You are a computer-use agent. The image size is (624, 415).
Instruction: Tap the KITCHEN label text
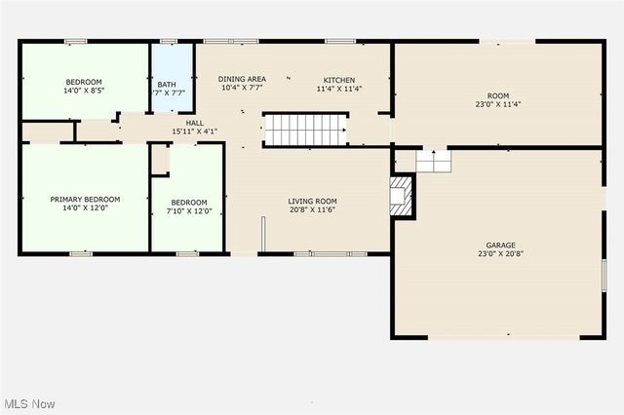[339, 80]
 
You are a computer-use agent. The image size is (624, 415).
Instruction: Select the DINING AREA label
[242, 79]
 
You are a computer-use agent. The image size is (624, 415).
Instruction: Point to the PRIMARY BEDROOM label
[85, 199]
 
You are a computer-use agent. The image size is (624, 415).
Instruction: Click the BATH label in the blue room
[167, 85]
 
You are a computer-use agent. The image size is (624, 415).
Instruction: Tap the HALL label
[195, 123]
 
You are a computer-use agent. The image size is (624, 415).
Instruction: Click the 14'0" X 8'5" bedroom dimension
[85, 90]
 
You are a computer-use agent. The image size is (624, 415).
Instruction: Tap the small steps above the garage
[432, 160]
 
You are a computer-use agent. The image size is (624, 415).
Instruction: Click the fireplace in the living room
[402, 196]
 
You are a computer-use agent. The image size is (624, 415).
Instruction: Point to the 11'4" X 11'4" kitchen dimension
[339, 89]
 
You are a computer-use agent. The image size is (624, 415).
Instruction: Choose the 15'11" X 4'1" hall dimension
[195, 132]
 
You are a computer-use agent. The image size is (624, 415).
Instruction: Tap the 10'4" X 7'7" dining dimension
[242, 88]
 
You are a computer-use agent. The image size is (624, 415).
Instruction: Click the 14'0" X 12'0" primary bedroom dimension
[85, 207]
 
